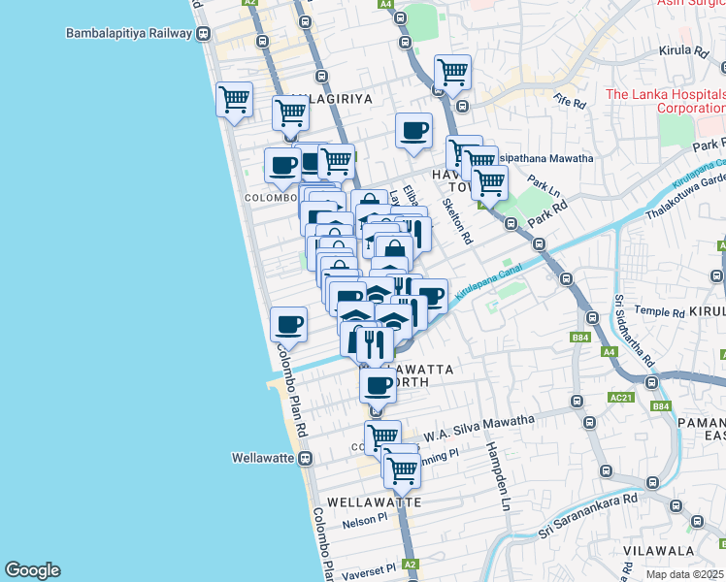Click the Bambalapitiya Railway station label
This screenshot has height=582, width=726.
(x=128, y=34)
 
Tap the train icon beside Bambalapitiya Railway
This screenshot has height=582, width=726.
(x=203, y=34)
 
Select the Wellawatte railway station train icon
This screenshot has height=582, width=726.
(x=305, y=458)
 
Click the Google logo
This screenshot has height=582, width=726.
(x=32, y=570)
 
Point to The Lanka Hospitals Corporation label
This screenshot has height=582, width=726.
(x=664, y=101)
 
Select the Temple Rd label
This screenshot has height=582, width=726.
(x=659, y=313)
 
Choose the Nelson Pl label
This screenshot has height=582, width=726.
(x=365, y=523)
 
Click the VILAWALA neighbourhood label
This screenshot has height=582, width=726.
(x=660, y=550)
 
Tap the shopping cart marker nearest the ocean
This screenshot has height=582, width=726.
(x=235, y=99)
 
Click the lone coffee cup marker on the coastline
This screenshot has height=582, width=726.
(x=288, y=324)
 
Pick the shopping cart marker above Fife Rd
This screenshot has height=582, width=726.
(x=452, y=72)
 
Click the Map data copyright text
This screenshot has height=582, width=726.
(x=685, y=574)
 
